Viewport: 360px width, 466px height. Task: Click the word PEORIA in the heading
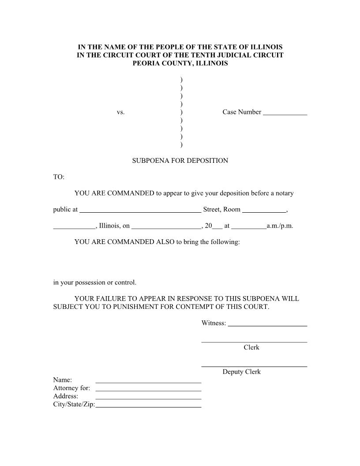pos(146,64)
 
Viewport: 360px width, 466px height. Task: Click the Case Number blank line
pos(285,114)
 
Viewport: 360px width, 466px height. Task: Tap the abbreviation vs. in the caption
pos(121,113)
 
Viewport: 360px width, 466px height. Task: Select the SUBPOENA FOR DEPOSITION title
pos(180,161)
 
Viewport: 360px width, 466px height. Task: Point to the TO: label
pos(59,177)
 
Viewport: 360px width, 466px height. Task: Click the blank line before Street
pos(140,212)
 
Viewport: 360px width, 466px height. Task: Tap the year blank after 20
pos(217,228)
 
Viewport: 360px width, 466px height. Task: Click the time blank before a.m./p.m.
pos(249,228)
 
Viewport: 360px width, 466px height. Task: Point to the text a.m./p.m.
pos(280,226)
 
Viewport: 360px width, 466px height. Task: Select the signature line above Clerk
pos(254,342)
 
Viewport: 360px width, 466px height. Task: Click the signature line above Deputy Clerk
pos(254,366)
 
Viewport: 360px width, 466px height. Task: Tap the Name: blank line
pos(148,382)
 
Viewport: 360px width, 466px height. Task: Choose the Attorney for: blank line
pos(148,390)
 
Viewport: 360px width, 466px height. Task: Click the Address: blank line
pos(148,398)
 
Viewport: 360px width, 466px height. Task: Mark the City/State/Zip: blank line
pos(148,406)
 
